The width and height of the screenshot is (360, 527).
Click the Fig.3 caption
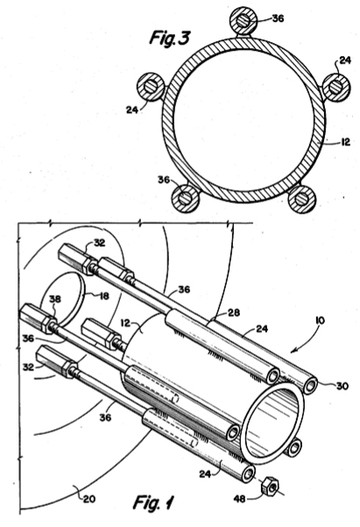(170, 38)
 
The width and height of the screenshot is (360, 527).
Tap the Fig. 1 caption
(154, 502)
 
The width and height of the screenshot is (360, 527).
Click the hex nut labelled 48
(271, 486)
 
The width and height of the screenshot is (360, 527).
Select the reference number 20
(89, 499)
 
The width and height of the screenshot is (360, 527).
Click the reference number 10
(320, 320)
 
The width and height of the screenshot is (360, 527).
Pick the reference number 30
(342, 386)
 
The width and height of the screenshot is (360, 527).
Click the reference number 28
(234, 313)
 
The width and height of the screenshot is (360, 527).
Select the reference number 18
(104, 296)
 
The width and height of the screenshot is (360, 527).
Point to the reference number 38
(55, 299)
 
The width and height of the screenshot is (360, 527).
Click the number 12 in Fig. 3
(346, 142)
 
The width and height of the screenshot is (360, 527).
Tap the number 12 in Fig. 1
(125, 323)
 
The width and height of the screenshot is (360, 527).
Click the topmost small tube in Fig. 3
(243, 21)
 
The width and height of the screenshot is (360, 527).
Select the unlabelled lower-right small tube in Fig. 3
(301, 199)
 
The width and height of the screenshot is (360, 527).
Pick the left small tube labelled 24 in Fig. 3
(151, 87)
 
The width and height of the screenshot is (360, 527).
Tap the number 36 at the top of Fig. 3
(278, 18)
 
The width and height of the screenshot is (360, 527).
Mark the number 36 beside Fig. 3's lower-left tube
(164, 179)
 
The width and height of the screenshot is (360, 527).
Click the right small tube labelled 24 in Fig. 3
(336, 87)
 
